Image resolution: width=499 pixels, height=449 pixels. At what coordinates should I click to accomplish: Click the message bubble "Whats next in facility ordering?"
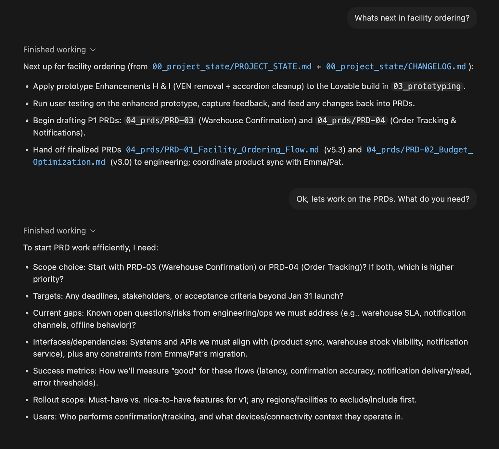click(x=412, y=18)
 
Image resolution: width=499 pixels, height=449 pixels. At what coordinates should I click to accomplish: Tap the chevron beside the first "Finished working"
click(x=93, y=50)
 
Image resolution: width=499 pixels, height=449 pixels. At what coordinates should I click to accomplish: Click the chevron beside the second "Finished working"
click(x=93, y=231)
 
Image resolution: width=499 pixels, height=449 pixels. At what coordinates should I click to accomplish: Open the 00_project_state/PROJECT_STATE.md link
click(x=232, y=67)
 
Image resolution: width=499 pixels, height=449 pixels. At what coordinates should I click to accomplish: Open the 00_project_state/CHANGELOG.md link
click(x=396, y=67)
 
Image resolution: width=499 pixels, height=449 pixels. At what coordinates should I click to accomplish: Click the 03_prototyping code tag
click(x=427, y=86)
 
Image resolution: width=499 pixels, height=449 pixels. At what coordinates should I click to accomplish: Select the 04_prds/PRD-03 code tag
click(x=160, y=120)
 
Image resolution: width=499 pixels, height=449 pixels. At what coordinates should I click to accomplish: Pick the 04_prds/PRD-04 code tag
click(x=351, y=120)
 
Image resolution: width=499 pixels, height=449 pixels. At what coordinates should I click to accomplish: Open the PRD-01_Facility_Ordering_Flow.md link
click(x=222, y=150)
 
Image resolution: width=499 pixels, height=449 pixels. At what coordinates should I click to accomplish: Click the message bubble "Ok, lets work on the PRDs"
click(x=383, y=199)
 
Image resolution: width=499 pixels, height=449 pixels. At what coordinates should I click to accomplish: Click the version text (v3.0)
click(x=121, y=162)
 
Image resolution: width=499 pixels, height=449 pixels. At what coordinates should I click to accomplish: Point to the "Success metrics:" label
click(x=65, y=371)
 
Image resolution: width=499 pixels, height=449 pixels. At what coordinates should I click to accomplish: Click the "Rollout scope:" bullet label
click(x=59, y=400)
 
